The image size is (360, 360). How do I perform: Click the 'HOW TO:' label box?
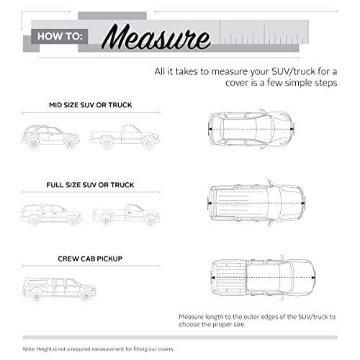coord(60,37)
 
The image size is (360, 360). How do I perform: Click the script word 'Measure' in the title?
coord(156,37)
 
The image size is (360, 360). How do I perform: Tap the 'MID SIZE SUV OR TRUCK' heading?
coord(91,105)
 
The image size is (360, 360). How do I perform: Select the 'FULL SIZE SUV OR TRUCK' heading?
coord(90,185)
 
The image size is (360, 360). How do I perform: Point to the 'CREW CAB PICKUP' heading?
coord(90,258)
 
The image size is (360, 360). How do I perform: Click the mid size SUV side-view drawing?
coord(51,137)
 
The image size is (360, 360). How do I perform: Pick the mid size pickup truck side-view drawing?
coord(125,137)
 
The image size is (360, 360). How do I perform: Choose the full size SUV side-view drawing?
coord(51,215)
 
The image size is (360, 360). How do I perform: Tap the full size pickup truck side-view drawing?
coord(126,215)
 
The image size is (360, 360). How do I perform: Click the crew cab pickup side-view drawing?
coord(59,289)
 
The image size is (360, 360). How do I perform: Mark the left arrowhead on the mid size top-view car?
coord(210,129)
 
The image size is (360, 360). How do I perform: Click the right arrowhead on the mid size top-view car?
coord(292,129)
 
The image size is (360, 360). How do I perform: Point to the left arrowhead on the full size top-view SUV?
coord(210,203)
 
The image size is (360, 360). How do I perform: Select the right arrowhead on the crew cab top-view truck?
coord(313,278)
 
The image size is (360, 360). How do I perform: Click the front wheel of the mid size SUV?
coord(70,144)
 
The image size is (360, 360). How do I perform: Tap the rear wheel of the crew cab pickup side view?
coord(36,297)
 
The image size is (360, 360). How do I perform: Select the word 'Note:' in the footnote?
coord(29,349)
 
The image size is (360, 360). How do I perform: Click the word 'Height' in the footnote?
coord(43,349)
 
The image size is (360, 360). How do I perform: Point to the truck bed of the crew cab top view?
coord(230,278)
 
